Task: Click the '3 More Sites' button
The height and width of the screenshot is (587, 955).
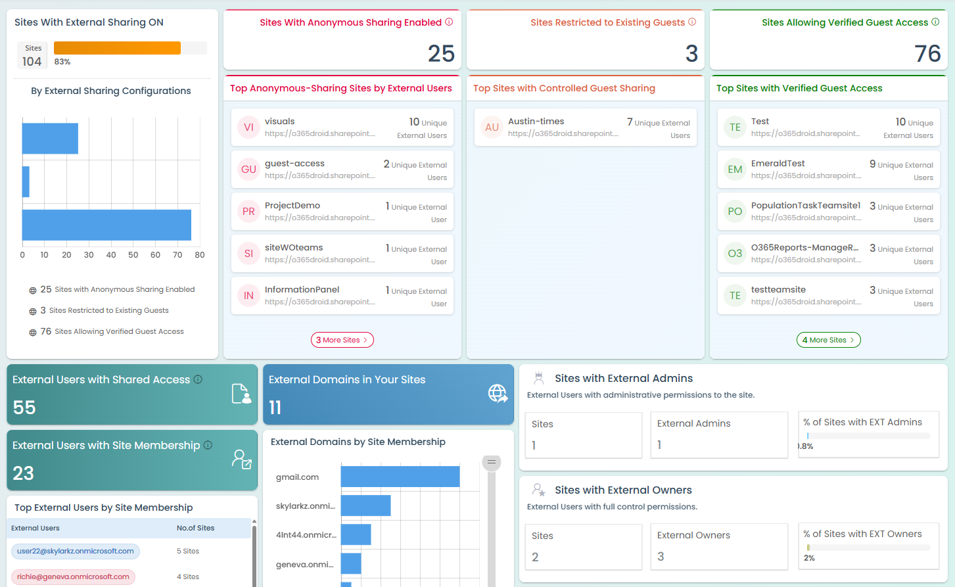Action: click(x=342, y=340)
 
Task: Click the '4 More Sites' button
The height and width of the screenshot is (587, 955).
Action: click(x=828, y=340)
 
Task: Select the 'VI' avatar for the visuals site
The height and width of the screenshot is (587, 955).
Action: click(x=248, y=128)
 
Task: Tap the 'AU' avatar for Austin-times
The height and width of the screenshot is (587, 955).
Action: click(x=492, y=128)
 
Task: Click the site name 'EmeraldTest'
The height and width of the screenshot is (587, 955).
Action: click(x=778, y=164)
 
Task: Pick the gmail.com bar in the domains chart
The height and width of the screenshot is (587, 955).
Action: click(x=400, y=477)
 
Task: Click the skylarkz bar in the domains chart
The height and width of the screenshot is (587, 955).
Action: click(x=365, y=505)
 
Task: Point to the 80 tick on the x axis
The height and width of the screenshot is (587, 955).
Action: click(x=200, y=255)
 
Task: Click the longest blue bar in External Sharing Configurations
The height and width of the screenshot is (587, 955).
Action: click(x=106, y=225)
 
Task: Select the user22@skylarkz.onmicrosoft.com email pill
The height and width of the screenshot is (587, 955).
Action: click(x=76, y=551)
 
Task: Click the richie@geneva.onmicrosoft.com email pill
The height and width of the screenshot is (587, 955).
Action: click(x=73, y=576)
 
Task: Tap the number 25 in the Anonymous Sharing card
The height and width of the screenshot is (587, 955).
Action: click(x=441, y=53)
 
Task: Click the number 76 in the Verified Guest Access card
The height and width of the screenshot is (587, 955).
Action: click(x=927, y=53)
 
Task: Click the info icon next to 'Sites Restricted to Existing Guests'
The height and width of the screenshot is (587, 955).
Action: click(x=692, y=22)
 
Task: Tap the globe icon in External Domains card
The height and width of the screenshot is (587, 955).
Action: click(x=498, y=393)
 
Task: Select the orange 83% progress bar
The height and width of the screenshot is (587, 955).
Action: click(x=117, y=48)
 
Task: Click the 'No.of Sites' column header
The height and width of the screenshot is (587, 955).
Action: click(x=195, y=528)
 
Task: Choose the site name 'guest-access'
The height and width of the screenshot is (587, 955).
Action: click(x=294, y=164)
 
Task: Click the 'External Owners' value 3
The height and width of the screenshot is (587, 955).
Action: click(x=661, y=556)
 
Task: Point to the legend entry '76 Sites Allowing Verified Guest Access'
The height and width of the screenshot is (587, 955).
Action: click(x=112, y=331)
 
